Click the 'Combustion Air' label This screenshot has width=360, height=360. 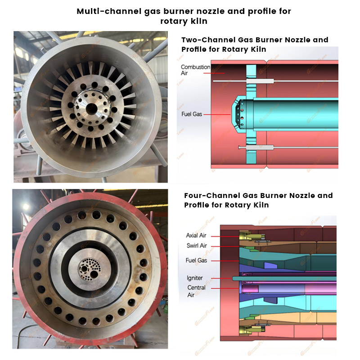(195, 70)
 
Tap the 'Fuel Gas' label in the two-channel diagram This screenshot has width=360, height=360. (192, 114)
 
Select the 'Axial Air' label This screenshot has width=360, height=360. (196, 235)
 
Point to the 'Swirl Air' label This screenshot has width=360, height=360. (197, 246)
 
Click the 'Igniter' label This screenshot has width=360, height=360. (195, 278)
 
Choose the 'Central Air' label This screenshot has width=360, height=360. (196, 291)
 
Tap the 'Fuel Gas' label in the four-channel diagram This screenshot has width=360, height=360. (196, 261)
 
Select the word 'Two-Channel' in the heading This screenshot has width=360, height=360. (208, 40)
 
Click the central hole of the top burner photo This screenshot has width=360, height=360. (92, 108)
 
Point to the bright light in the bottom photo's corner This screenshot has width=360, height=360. (26, 207)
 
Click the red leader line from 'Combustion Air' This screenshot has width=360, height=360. (214, 73)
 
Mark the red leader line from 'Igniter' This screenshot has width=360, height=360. (222, 278)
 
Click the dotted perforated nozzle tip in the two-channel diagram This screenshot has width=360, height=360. (241, 114)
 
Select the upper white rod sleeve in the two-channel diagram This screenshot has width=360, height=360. (260, 81)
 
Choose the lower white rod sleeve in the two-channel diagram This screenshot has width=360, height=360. (260, 148)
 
